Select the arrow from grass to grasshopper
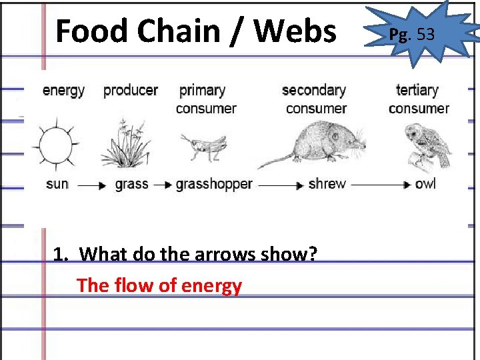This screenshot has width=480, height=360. [163, 185]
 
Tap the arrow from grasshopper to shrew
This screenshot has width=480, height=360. [280, 185]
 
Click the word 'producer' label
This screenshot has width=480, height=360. [131, 90]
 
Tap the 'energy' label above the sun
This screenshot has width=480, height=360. [63, 91]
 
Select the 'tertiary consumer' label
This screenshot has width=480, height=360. [419, 99]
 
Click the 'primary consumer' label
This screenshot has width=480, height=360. [206, 99]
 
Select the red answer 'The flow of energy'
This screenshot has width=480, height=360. [159, 285]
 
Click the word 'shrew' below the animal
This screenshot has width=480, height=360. [327, 184]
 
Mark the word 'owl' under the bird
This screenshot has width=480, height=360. [425, 184]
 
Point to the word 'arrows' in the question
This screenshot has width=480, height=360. [221, 254]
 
